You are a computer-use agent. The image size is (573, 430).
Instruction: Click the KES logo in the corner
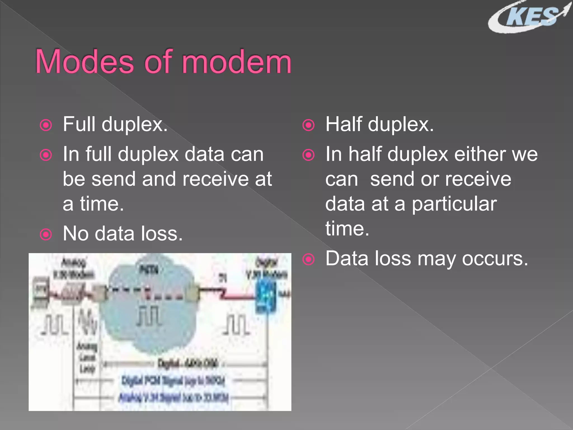click(529, 17)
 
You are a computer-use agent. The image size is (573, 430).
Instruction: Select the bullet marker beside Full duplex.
click(46, 125)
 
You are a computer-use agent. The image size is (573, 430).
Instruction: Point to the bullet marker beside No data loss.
click(46, 234)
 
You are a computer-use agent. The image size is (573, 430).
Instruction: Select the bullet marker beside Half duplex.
click(308, 125)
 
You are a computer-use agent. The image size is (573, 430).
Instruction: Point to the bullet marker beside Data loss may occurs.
click(308, 260)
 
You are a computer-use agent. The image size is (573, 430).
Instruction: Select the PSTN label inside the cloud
click(149, 270)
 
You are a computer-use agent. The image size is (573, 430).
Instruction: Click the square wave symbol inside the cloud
click(148, 316)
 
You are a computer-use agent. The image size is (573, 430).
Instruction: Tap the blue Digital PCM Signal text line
click(173, 381)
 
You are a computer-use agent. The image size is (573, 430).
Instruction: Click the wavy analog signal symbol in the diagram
click(87, 322)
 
